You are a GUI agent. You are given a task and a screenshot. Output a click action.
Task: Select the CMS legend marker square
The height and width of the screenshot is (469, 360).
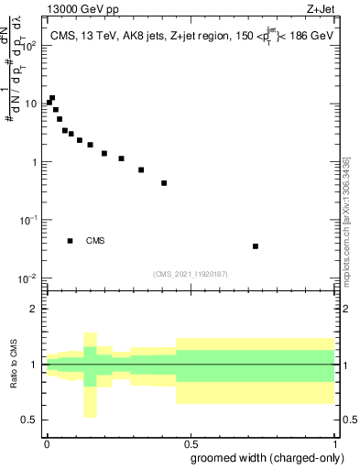coord(70,241)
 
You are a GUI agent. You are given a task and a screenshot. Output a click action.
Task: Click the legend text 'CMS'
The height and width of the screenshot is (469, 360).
coord(95,241)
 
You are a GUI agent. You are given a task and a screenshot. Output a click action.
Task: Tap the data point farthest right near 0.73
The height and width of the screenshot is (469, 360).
coord(256,245)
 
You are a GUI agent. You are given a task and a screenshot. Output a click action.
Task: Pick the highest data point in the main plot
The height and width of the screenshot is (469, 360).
coord(52,98)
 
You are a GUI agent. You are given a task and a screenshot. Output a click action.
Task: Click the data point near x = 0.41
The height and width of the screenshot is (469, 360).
coord(164,183)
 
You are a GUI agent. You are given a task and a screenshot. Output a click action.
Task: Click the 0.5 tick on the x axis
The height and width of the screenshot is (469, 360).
coord(191,442)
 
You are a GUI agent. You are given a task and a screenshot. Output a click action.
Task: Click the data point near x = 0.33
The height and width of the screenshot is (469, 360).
coord(141,169)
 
